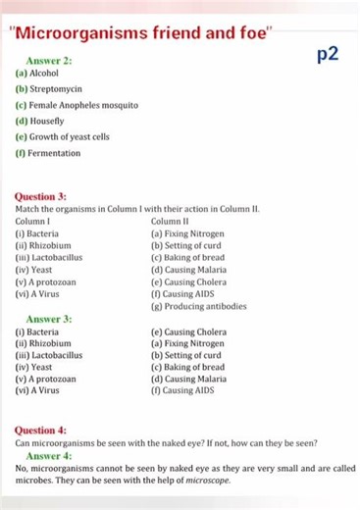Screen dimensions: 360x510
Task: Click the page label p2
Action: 329,55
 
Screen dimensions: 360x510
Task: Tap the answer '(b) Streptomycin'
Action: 49,88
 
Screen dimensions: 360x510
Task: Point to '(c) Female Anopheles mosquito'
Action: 77,104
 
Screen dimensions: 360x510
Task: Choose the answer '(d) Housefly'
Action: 40,121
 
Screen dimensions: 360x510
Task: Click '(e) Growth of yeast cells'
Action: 63,136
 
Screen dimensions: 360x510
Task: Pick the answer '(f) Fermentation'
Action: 48,153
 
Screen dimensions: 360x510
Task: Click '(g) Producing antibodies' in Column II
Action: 198,306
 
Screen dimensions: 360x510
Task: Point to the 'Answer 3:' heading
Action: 49,319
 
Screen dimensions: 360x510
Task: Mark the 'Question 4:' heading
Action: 41,431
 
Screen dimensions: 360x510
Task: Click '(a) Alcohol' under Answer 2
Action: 37,73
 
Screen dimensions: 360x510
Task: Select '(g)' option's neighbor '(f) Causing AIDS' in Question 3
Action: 182,293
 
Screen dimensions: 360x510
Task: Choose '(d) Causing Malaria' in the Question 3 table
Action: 188,270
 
